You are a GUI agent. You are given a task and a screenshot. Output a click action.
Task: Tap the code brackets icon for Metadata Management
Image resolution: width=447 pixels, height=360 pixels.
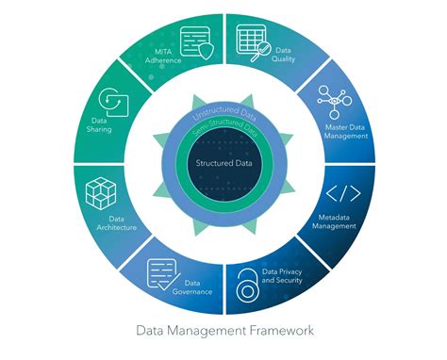tap(342, 195)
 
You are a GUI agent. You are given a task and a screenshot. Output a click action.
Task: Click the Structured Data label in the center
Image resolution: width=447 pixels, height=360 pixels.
tap(223, 163)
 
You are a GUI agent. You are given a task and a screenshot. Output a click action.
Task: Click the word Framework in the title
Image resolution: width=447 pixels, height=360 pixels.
tap(273, 331)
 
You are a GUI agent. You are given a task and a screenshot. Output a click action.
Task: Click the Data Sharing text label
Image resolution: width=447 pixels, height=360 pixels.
tap(99, 124)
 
